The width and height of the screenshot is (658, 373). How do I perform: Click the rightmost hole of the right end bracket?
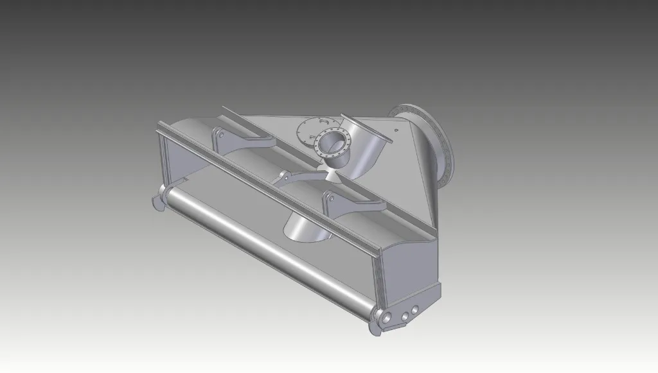[x=415, y=310]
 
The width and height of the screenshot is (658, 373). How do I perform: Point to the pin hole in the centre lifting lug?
[x=283, y=175]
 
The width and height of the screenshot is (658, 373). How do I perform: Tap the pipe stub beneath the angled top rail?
[x=305, y=228]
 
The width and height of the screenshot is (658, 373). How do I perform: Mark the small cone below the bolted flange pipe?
[x=333, y=170]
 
